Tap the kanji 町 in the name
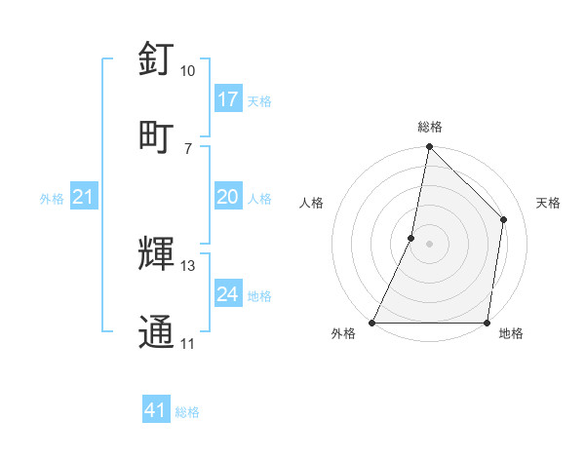[156, 135]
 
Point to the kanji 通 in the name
[156, 331]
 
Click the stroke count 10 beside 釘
[187, 71]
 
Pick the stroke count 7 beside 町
[187, 148]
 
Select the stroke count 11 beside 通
[187, 344]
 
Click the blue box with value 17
[228, 99]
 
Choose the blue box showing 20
[228, 198]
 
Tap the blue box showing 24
[228, 294]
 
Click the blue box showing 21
[84, 198]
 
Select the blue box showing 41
[156, 411]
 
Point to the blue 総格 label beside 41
[187, 412]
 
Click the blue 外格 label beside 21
[52, 199]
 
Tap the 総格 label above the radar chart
[430, 127]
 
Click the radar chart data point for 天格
[504, 219]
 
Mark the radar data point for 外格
[372, 323]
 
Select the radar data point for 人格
[411, 238]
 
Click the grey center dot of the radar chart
[430, 244]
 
